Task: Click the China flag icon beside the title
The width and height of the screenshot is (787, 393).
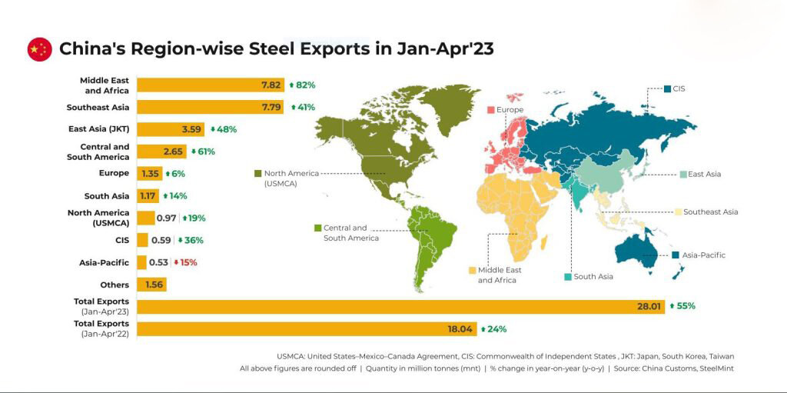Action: point(39,49)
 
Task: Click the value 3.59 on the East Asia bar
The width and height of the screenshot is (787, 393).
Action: point(192,129)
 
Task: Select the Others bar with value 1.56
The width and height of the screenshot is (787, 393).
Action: point(151,285)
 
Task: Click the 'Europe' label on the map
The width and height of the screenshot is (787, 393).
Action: point(510,110)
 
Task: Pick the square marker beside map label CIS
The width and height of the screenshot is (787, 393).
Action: point(667,89)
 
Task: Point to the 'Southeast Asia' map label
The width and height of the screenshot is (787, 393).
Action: point(710,212)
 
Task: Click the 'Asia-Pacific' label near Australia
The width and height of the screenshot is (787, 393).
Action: point(703,255)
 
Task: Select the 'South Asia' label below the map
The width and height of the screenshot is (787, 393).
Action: point(593,277)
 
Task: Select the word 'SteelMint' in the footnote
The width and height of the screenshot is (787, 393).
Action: point(712,369)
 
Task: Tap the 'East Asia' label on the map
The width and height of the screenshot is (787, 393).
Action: point(704,175)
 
